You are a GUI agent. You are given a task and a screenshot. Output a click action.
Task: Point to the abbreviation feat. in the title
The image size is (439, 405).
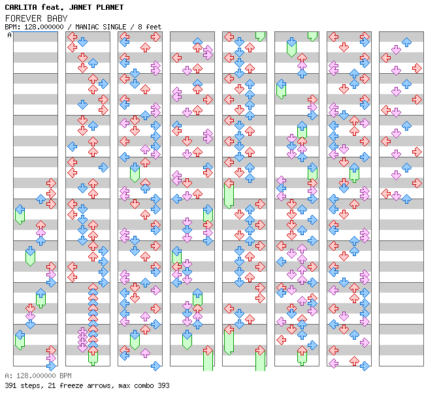[x=53, y=7]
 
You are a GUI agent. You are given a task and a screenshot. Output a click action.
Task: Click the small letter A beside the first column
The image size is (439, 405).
[x=9, y=35]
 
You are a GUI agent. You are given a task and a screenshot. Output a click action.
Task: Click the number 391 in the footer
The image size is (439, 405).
[x=10, y=385]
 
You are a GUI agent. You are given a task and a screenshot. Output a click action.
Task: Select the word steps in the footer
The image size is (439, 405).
[x=30, y=385]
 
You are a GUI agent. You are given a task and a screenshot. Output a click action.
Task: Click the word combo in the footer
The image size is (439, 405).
[x=142, y=385]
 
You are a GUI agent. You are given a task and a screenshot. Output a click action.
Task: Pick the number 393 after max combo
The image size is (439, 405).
[x=163, y=385]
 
